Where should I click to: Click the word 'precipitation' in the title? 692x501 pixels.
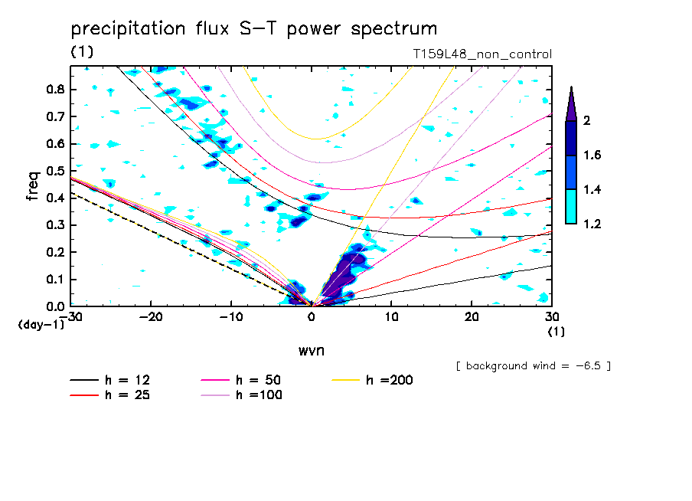pyautogui.click(x=128, y=29)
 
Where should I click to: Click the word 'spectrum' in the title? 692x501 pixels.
pyautogui.click(x=393, y=30)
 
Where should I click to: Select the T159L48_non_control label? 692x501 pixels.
pyautogui.click(x=482, y=54)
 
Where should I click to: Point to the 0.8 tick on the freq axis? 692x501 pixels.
pyautogui.click(x=55, y=89)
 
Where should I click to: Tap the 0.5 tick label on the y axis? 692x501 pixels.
pyautogui.click(x=55, y=171)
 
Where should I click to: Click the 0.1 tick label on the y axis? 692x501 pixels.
pyautogui.click(x=55, y=280)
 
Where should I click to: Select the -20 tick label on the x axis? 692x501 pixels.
pyautogui.click(x=151, y=317)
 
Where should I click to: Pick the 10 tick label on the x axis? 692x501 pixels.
pyautogui.click(x=391, y=317)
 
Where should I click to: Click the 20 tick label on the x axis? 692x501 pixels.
pyautogui.click(x=472, y=317)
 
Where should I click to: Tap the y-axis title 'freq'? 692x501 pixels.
pyautogui.click(x=33, y=186)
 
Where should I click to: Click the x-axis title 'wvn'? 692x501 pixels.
pyautogui.click(x=312, y=351)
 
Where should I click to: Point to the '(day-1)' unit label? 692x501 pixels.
pyautogui.click(x=41, y=325)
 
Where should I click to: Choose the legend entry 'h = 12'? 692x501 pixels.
pyautogui.click(x=110, y=380)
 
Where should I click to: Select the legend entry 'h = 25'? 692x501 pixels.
pyautogui.click(x=110, y=395)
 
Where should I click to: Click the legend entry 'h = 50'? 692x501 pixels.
pyautogui.click(x=241, y=380)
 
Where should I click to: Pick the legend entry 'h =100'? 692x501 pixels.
pyautogui.click(x=241, y=395)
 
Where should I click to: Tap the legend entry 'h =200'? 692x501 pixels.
pyautogui.click(x=373, y=380)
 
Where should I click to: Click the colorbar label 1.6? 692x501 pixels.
pyautogui.click(x=592, y=155)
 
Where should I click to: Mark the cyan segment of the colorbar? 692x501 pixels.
pyautogui.click(x=571, y=207)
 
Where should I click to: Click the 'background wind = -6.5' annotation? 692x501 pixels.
pyautogui.click(x=534, y=366)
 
